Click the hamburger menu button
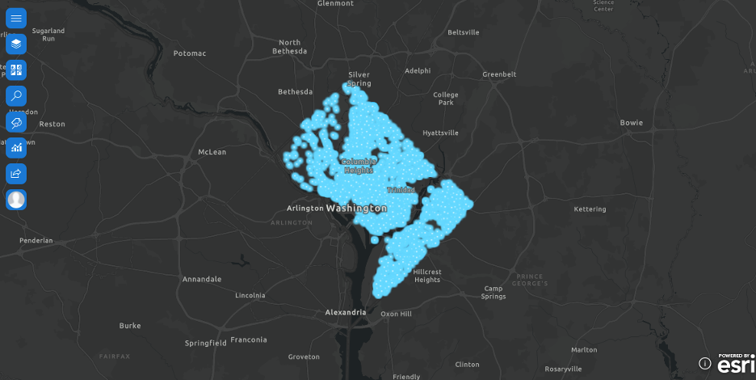pos(16,18)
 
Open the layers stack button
pos(16,44)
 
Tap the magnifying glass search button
pos(16,95)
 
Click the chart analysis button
pos(16,147)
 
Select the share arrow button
pos(16,173)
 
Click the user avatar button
pos(16,199)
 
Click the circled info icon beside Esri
pos(704,364)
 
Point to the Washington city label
pos(356,208)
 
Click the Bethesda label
pos(295,91)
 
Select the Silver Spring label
pos(359,78)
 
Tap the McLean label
pos(212,151)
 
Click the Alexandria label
pos(345,311)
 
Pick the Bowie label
pos(631,123)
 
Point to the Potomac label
pos(190,53)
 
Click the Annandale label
pos(202,279)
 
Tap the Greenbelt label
pos(499,74)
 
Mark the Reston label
pos(52,124)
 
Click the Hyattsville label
pos(440,133)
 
